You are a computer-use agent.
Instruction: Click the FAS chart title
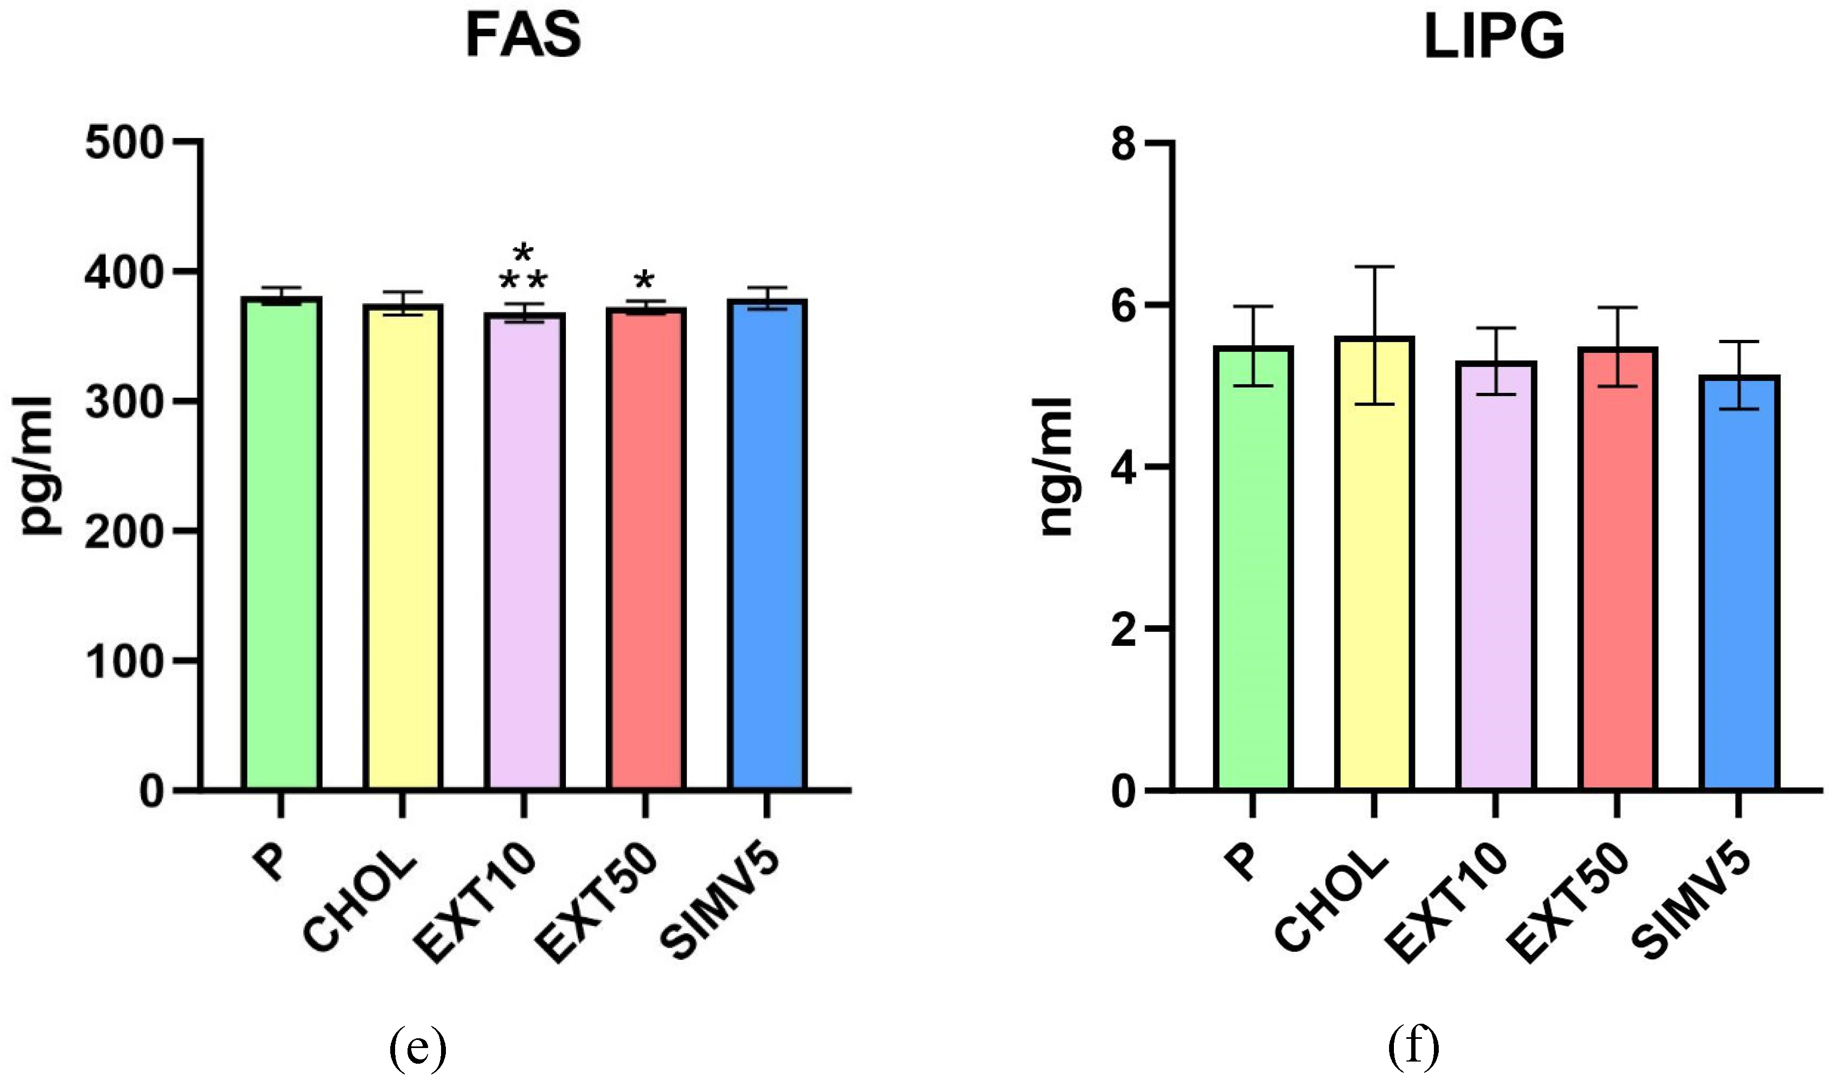click(x=523, y=36)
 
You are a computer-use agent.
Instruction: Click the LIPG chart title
click(x=1493, y=36)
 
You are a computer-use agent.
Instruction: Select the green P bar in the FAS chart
click(x=281, y=546)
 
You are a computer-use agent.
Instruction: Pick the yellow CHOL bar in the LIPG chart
click(x=1374, y=568)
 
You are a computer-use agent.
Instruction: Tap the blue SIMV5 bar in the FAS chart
click(x=766, y=546)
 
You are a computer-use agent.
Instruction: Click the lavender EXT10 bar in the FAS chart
click(x=524, y=553)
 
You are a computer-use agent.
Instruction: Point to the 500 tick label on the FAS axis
click(x=124, y=143)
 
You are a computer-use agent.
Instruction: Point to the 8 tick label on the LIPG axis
click(x=1124, y=144)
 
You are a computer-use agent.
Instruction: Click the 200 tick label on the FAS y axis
click(x=124, y=532)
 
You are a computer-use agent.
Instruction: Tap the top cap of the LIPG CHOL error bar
click(x=1374, y=268)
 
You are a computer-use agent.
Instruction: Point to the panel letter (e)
click(x=417, y=1047)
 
